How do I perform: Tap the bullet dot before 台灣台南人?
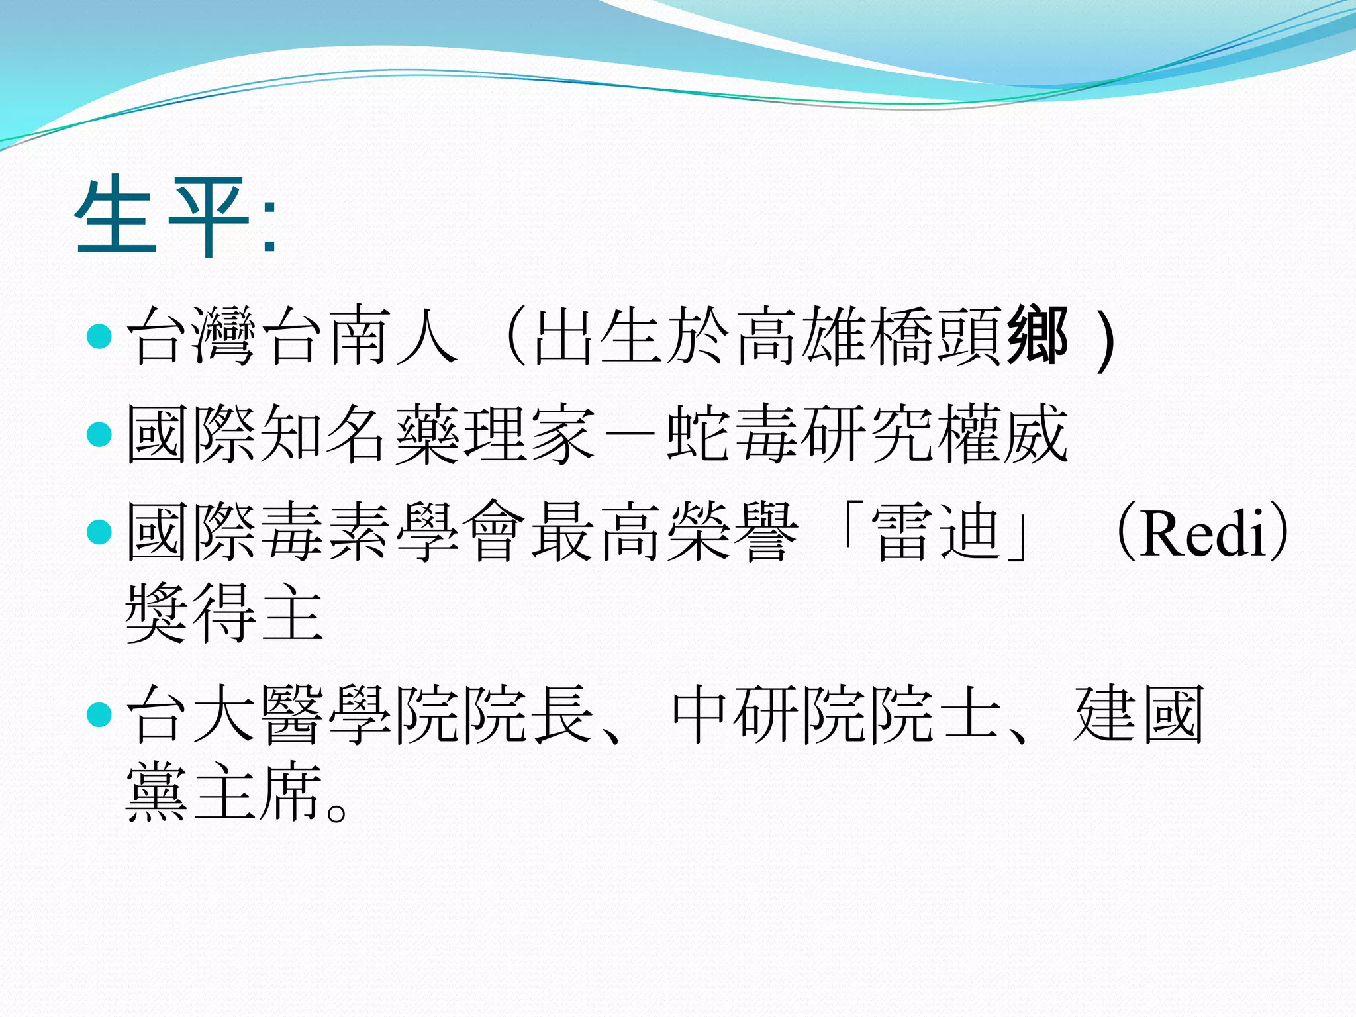[x=99, y=336]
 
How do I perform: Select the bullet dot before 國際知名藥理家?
[x=99, y=434]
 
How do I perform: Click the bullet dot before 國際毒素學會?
[x=99, y=532]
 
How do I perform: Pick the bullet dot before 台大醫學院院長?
[x=99, y=714]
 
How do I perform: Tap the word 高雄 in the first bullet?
[x=801, y=336]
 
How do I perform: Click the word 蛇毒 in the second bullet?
[x=732, y=434]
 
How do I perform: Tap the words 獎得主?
[x=225, y=613]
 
